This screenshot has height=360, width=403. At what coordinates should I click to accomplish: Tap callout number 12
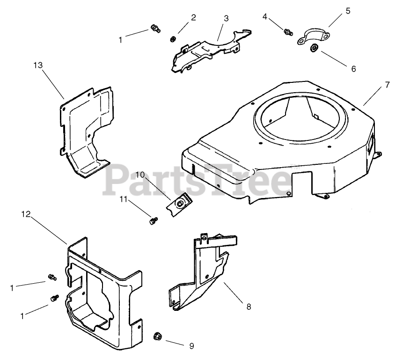coord(26,214)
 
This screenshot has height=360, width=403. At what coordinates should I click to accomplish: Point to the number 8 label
coord(249,307)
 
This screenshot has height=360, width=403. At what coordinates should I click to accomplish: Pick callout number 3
coord(226,18)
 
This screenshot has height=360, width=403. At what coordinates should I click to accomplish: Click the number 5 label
coord(348,10)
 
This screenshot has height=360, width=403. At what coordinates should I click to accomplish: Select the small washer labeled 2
coord(173,38)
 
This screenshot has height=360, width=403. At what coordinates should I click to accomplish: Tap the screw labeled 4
coord(288,32)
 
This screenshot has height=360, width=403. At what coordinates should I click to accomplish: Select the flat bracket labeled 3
coord(206,51)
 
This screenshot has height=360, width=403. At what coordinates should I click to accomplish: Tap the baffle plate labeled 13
coord(87,131)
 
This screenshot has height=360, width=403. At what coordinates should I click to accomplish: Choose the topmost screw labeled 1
coord(155,29)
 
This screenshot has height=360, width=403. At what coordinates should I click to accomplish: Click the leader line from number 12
coord(50,229)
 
